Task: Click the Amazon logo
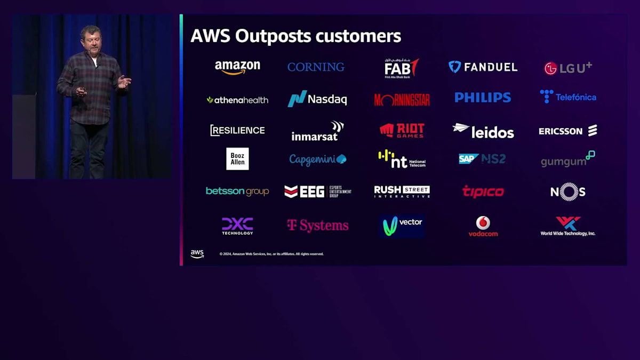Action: coord(237,67)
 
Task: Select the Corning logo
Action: coord(316,67)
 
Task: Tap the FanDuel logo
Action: coord(483,67)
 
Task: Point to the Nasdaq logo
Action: coord(317,99)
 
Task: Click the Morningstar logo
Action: coord(402,100)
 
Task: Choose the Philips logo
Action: coord(483,98)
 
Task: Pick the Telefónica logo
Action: coord(568,97)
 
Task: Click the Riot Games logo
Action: coord(402,131)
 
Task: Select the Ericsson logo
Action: coord(568,131)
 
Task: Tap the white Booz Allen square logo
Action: coord(237,159)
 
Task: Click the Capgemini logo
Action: coord(318,159)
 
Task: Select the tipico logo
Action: coord(483,191)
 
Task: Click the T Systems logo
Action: coord(318,226)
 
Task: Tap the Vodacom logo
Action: coord(483,226)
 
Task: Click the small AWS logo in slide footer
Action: coord(197,254)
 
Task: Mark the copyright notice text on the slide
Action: coord(271,254)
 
